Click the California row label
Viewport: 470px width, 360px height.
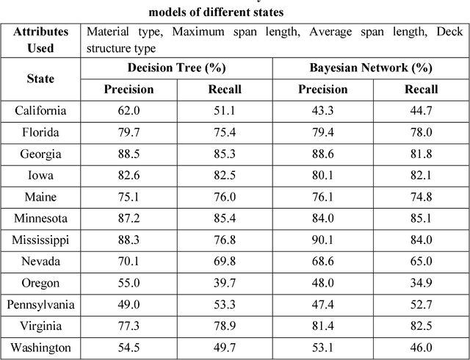[x=40, y=111]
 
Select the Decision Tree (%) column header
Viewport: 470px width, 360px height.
[x=176, y=68]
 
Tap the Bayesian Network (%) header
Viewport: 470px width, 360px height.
[x=371, y=68]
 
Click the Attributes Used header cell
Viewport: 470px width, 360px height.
[x=40, y=39]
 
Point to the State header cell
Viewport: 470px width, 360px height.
[x=40, y=79]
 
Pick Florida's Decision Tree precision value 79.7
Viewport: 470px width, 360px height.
[x=129, y=133]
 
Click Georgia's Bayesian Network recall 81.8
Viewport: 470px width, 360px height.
[x=421, y=154]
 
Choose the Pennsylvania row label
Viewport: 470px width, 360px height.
[x=40, y=305]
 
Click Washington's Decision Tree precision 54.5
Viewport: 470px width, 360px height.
[x=129, y=348]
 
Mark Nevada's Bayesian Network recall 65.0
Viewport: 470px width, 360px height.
[x=421, y=262]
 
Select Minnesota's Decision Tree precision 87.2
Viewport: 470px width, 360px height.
[x=129, y=219]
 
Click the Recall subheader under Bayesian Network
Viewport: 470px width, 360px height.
[x=421, y=90]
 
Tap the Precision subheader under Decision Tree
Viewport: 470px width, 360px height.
[x=129, y=90]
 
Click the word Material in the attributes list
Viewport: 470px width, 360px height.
[x=106, y=32]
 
